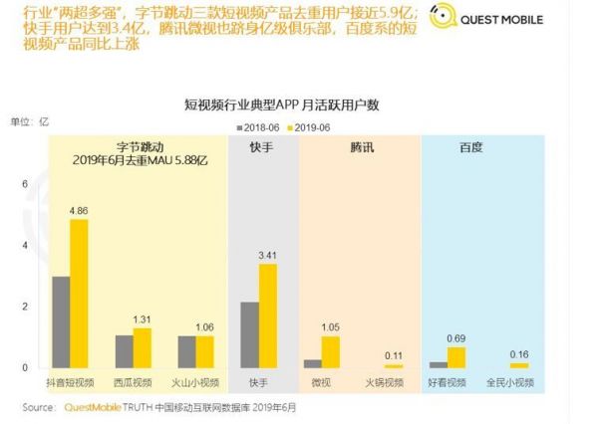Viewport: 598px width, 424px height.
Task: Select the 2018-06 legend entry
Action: (x=262, y=127)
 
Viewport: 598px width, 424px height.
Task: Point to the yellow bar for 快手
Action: (x=267, y=316)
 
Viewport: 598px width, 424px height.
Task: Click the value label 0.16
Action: (x=519, y=354)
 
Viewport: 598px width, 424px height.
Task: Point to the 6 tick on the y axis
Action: (x=25, y=185)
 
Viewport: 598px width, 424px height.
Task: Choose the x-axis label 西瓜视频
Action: (x=132, y=381)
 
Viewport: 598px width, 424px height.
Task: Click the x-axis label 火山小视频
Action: (x=195, y=381)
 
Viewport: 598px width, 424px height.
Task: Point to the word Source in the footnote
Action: (x=38, y=407)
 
